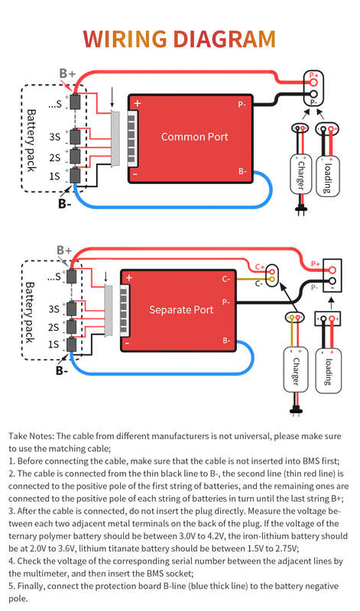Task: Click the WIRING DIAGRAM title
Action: point(180,39)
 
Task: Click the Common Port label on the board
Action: point(195,137)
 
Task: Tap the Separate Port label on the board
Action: point(181,310)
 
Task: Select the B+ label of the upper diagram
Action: point(67,73)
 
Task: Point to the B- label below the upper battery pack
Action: point(65,203)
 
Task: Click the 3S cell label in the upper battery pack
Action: point(54,137)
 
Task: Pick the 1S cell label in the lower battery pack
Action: point(54,344)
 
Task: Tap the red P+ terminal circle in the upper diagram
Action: point(314,82)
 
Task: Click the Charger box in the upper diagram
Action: point(300,174)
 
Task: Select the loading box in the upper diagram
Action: point(328,176)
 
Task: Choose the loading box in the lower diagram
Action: point(328,371)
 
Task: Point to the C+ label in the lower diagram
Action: point(260,267)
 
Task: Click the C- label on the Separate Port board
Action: point(225,279)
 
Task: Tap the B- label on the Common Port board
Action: point(242,171)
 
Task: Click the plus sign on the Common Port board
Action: point(138,103)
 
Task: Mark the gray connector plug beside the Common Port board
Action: point(115,139)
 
